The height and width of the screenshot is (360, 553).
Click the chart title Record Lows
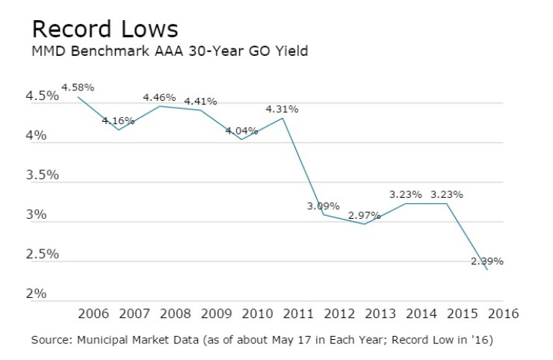coord(105,28)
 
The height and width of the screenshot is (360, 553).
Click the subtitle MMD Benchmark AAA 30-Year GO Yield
coord(170,51)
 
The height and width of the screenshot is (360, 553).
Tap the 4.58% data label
coord(78,87)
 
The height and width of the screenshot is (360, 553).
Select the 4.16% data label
coord(118,121)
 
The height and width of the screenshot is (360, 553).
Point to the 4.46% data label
coord(159,97)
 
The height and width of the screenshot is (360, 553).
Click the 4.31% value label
coord(282,109)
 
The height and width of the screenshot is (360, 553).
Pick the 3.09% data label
coord(323,206)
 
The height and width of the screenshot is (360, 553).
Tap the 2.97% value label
coord(365,215)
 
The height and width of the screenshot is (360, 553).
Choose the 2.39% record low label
coord(487,261)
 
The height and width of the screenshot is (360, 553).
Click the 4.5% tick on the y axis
coord(43,96)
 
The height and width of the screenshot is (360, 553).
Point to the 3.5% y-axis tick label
coord(43,176)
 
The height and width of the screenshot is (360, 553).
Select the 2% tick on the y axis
coord(36,294)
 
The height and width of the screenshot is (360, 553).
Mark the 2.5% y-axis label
coord(43,254)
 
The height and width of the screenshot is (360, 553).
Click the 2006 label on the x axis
coord(93,314)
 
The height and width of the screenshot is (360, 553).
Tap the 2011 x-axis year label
coord(298,314)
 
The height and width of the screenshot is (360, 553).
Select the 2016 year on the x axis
coord(503,314)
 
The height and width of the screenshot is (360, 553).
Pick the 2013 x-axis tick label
coord(380,314)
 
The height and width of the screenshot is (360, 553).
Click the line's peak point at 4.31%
coord(282,118)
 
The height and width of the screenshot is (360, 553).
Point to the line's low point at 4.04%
coord(241,139)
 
